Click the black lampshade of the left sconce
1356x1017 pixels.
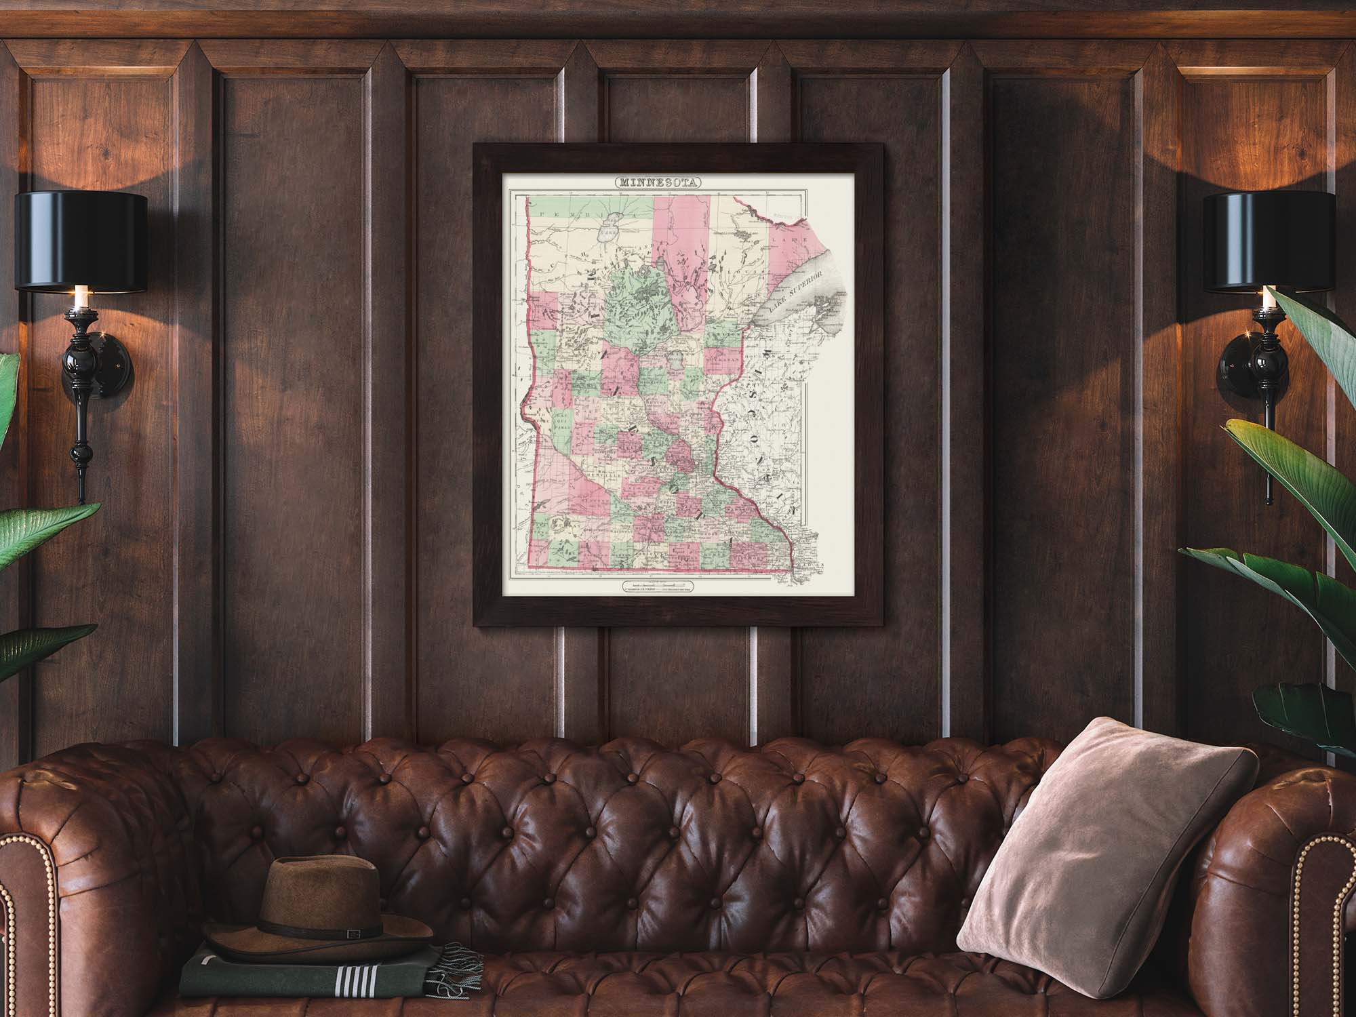click(81, 240)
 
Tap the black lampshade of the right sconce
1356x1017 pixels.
click(1275, 240)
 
